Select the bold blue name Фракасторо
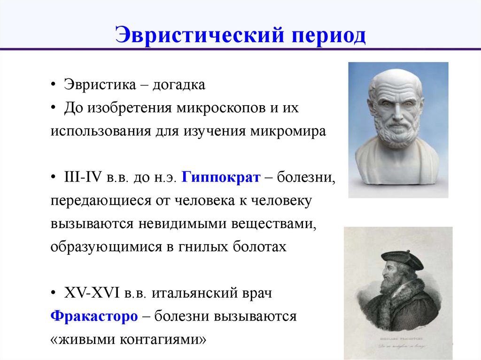point(94,316)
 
